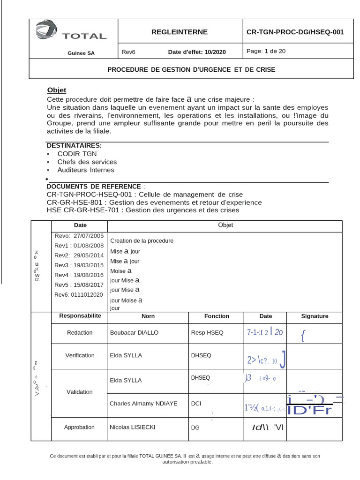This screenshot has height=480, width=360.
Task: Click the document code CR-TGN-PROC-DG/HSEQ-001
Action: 295,32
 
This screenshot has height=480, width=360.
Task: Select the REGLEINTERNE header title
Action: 180,32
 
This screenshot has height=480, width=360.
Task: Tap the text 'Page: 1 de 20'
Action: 266,51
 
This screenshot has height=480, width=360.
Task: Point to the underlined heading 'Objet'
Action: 57,90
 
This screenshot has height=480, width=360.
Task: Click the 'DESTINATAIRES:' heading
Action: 74,146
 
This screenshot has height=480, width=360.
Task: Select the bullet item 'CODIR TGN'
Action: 77,154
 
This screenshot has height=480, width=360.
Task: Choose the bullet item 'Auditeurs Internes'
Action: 85,170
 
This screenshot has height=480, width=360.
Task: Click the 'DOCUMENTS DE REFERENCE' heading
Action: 94,186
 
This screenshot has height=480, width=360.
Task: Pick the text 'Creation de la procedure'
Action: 142,240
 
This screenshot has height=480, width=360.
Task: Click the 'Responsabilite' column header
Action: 80,316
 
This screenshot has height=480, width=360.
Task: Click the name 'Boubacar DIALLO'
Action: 134,332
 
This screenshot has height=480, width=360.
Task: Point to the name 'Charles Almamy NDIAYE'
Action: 143,403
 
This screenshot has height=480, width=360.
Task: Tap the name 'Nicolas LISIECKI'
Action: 133,427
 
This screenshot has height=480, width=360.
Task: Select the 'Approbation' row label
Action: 79,427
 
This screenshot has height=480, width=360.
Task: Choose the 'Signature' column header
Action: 315,316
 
